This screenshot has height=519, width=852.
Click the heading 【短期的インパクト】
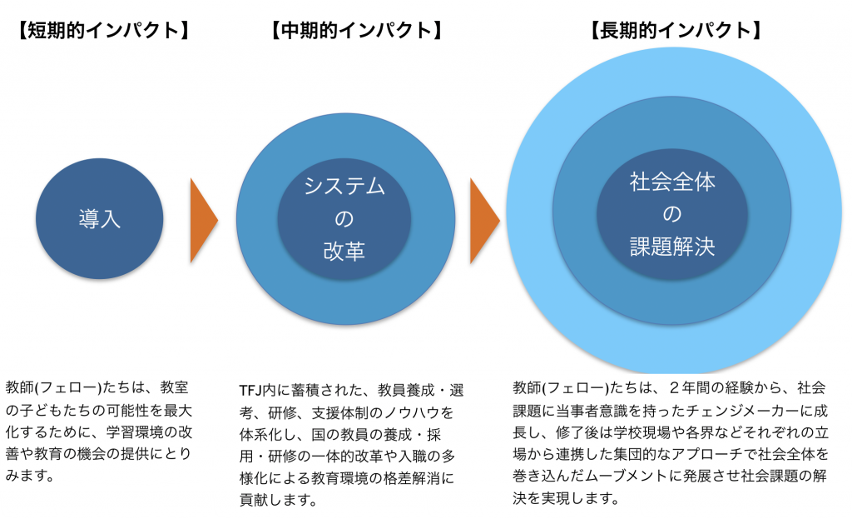click(102, 31)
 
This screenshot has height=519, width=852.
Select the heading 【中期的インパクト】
click(356, 31)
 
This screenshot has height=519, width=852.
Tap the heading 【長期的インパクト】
click(676, 31)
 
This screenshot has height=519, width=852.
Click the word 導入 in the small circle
click(100, 219)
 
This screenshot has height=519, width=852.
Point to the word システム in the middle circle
click(344, 186)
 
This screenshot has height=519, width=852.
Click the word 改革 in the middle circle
click(344, 252)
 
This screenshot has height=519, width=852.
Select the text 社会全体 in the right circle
click(672, 182)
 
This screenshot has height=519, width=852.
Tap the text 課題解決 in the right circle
click(672, 247)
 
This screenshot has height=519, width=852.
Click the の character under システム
click(344, 219)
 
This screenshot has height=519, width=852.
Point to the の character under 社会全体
click(672, 214)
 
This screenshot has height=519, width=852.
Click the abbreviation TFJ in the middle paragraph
click(250, 391)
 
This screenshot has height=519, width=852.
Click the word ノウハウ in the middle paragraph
click(412, 413)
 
